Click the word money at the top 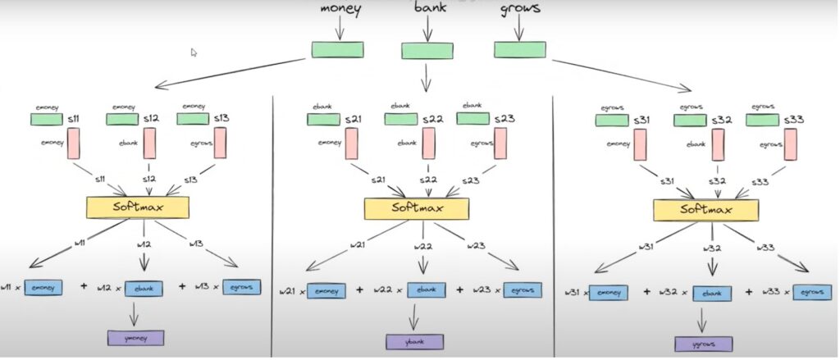pyautogui.click(x=340, y=11)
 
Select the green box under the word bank pyautogui.click(x=427, y=51)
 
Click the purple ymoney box pyautogui.click(x=135, y=337)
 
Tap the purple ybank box pyautogui.click(x=415, y=341)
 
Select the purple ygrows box pyautogui.click(x=704, y=344)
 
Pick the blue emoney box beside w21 pyautogui.click(x=326, y=290)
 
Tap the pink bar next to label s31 pyautogui.click(x=639, y=145)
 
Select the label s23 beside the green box pyautogui.click(x=504, y=120)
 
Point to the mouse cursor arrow pyautogui.click(x=194, y=52)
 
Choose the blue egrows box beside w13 pyautogui.click(x=241, y=287)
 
